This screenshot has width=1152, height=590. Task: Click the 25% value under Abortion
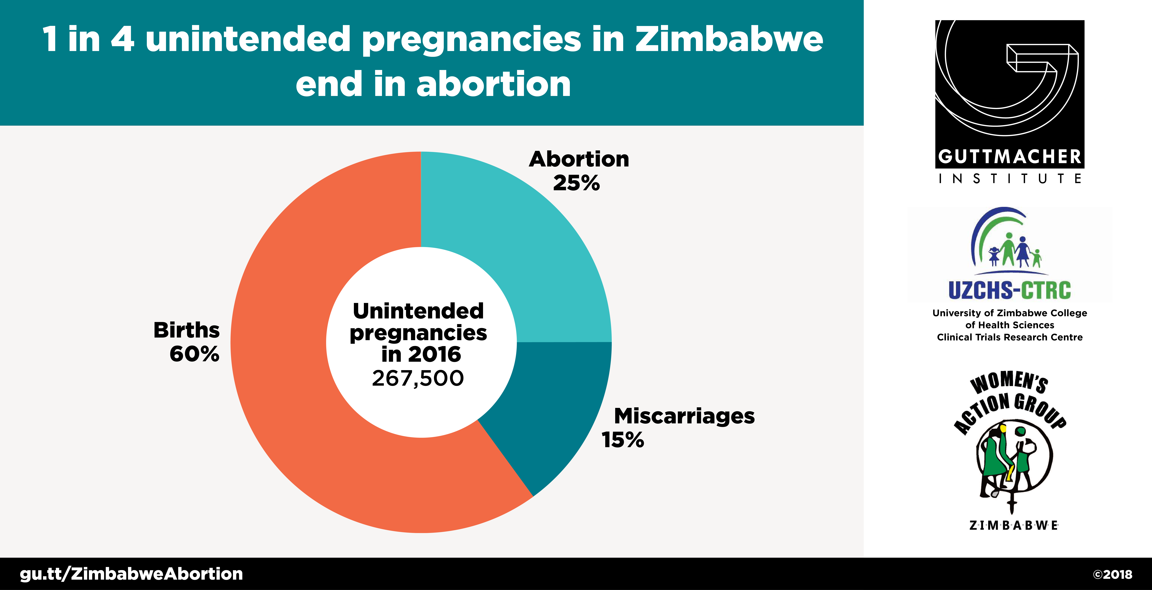[x=576, y=183]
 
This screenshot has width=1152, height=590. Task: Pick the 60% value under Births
[x=195, y=354]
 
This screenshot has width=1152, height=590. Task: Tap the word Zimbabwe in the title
[x=729, y=39]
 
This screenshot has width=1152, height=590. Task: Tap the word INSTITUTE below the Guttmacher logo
[x=1010, y=179]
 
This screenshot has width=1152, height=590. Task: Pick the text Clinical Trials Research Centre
[x=1010, y=337]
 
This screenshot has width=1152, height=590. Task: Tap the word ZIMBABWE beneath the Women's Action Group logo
[x=1013, y=526]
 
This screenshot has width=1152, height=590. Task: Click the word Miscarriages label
[x=684, y=416]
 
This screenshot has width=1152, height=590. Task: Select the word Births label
[x=186, y=331]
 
